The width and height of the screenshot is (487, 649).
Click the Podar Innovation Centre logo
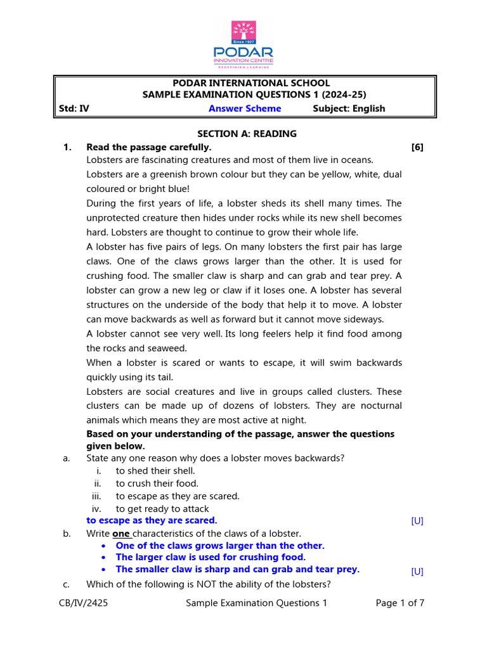[243, 44]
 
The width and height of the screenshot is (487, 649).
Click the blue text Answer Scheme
[245, 108]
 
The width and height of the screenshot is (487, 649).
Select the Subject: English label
[349, 108]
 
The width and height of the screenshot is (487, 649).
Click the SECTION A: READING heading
[238, 134]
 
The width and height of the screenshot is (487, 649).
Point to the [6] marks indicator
[417, 147]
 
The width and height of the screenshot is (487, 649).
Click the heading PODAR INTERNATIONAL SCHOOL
[244, 83]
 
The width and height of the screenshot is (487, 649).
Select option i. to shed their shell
[155, 471]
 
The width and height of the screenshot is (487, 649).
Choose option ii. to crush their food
[157, 484]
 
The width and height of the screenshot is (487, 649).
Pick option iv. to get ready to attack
[162, 508]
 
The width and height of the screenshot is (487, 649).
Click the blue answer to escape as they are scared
[152, 520]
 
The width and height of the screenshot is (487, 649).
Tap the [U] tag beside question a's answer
[417, 521]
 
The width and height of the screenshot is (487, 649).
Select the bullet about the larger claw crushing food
[211, 557]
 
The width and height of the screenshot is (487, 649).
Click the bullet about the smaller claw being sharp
[237, 569]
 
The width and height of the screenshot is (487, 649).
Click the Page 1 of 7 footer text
[399, 603]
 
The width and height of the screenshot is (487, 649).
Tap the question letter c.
[67, 584]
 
